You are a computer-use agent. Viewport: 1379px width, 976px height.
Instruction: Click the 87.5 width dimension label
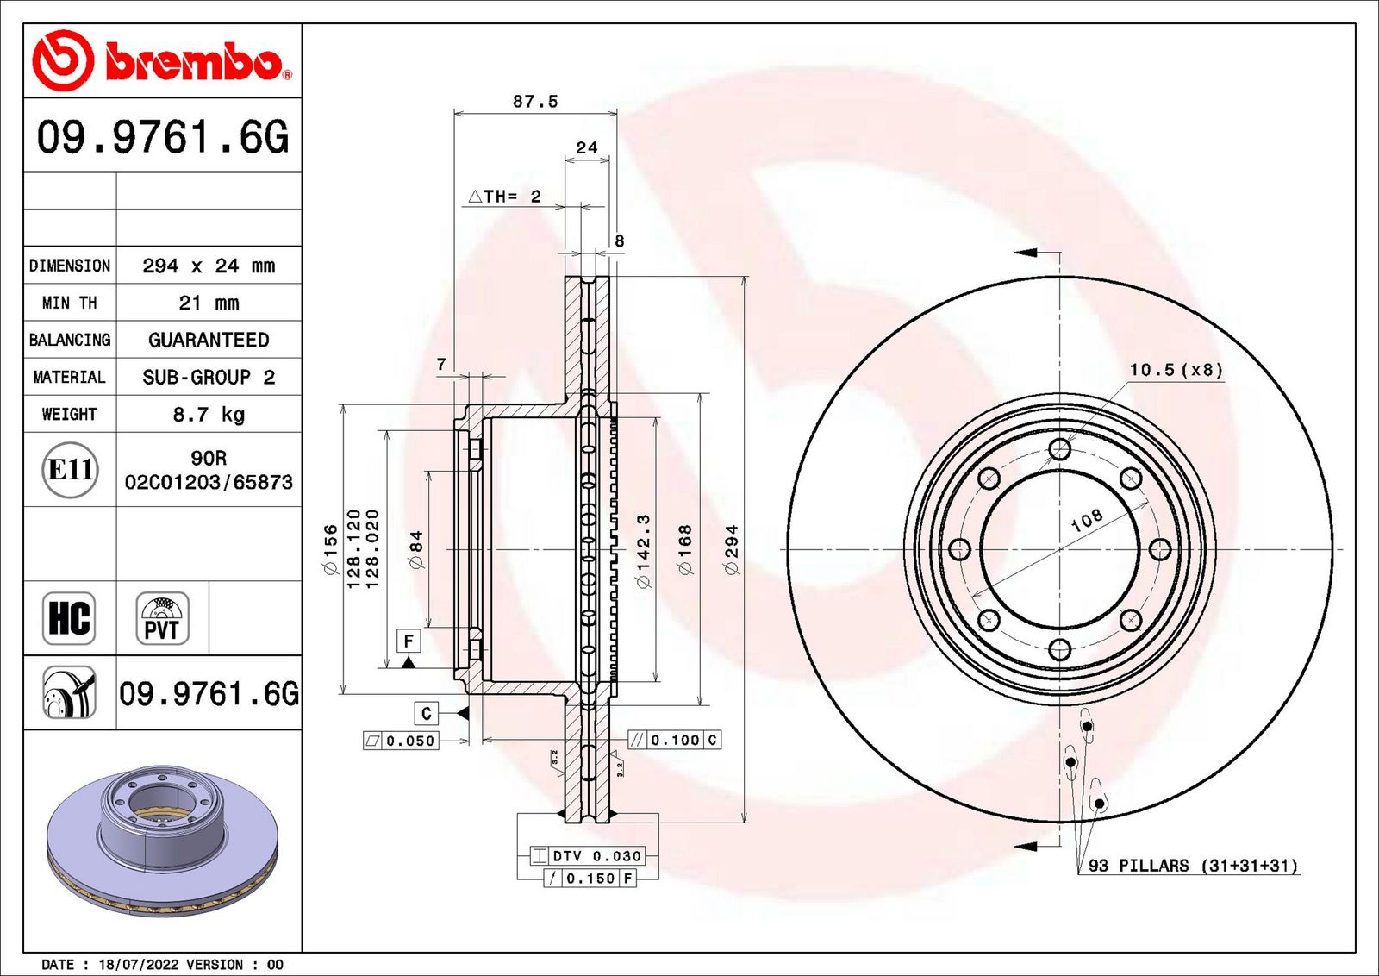click(x=535, y=102)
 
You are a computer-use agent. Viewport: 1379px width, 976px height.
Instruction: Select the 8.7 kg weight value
click(x=209, y=415)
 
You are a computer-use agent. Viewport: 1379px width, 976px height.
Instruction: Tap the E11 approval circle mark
click(x=70, y=470)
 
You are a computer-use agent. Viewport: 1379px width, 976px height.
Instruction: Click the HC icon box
click(x=69, y=618)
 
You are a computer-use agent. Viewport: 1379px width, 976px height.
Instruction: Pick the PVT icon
click(x=162, y=618)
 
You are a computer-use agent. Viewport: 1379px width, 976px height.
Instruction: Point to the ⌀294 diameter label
click(x=732, y=550)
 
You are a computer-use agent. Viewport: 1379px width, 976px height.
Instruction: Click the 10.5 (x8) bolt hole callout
click(x=1176, y=370)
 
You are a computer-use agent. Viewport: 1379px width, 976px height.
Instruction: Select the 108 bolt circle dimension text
click(x=1086, y=520)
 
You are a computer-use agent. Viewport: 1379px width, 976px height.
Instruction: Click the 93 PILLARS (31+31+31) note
click(x=1193, y=866)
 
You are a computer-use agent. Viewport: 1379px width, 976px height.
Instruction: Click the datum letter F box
click(x=409, y=641)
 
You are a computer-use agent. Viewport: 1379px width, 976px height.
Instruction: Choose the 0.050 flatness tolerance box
click(x=402, y=741)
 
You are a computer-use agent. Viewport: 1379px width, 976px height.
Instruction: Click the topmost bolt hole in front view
click(x=1060, y=449)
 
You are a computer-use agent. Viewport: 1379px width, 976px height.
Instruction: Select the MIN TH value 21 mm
click(x=209, y=303)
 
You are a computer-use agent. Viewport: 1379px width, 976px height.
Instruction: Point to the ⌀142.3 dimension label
click(x=643, y=551)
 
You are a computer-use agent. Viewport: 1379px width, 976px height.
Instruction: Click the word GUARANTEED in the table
click(x=209, y=341)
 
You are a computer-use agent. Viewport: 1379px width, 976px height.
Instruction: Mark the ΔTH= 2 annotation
click(x=504, y=197)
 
